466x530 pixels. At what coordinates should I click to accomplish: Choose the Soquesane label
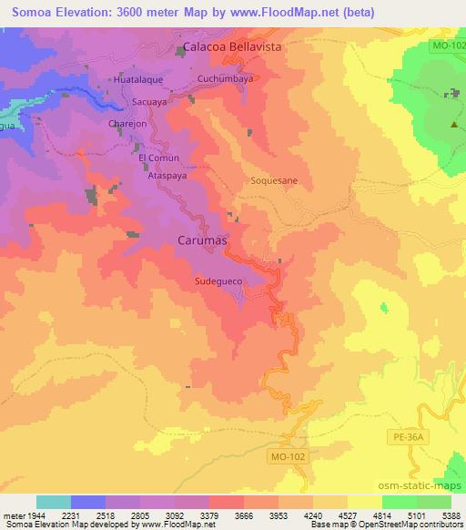click(274, 180)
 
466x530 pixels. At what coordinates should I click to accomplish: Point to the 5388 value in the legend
click(451, 515)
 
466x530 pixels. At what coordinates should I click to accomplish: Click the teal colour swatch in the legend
click(53, 502)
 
